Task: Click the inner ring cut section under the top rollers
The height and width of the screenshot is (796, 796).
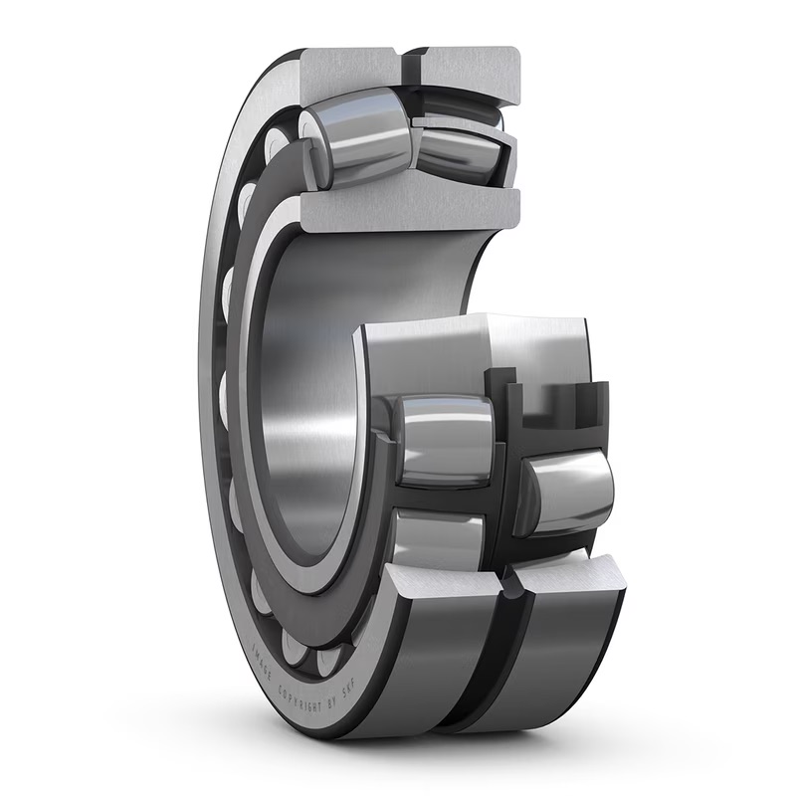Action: coord(408,207)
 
